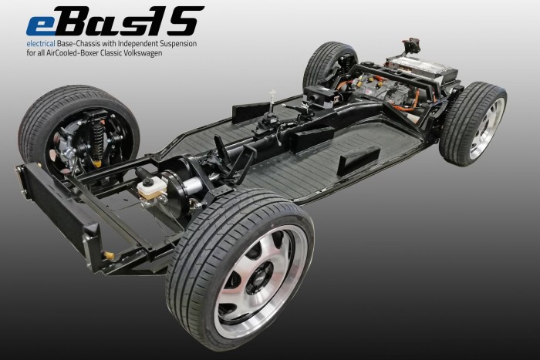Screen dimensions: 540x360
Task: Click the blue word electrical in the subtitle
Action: (x=41, y=44)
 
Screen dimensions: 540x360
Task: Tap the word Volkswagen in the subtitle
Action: (x=145, y=53)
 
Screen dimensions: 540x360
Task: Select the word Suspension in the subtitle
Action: (x=180, y=44)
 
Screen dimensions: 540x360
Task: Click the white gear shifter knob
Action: (x=273, y=93)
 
